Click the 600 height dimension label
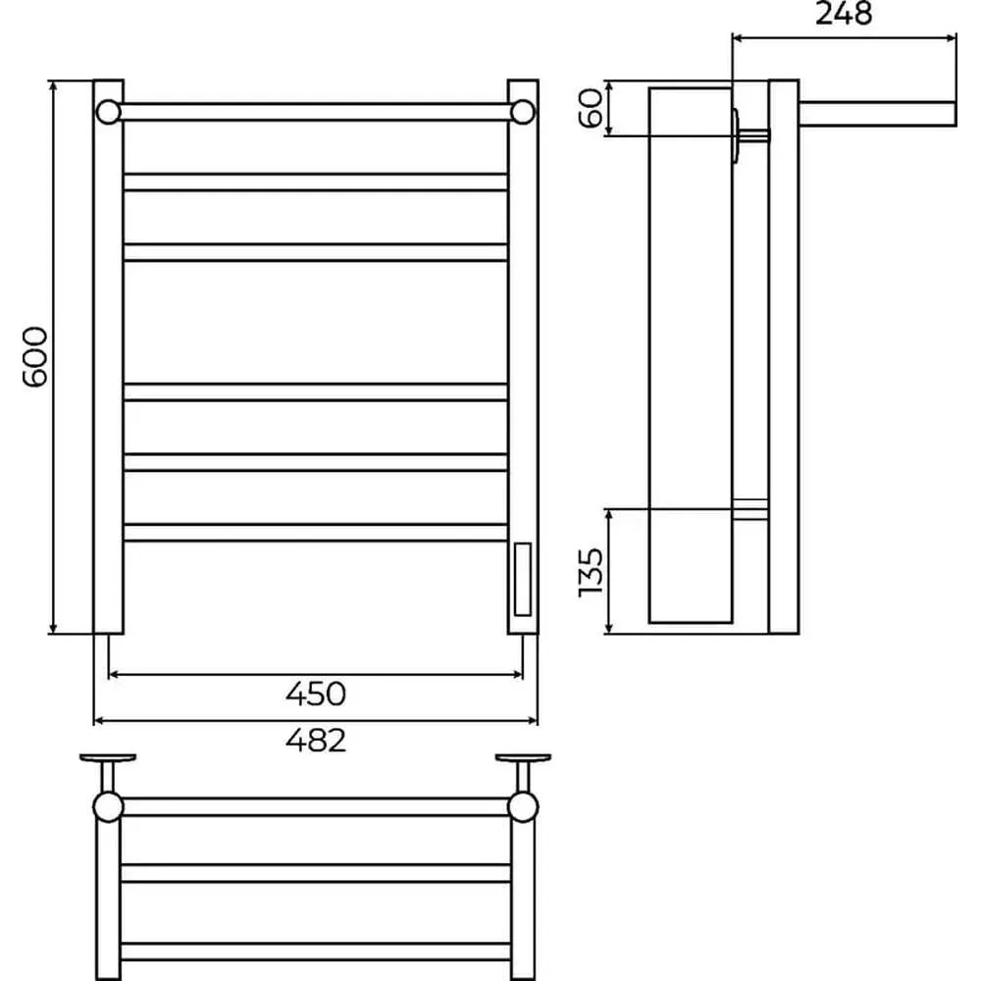pyautogui.click(x=35, y=357)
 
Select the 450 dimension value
pyautogui.click(x=315, y=694)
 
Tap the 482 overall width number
pyautogui.click(x=315, y=741)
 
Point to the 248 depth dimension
pyautogui.click(x=844, y=13)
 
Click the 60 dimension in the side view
pyautogui.click(x=591, y=108)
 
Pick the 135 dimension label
pyautogui.click(x=591, y=572)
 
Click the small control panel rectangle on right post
pyautogui.click(x=523, y=580)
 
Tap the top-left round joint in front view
pyautogui.click(x=108, y=112)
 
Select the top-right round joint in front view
pyautogui.click(x=523, y=112)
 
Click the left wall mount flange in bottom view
pyautogui.click(x=108, y=757)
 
